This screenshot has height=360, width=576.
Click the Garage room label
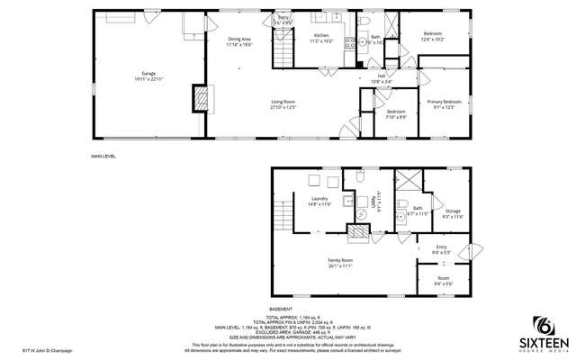(147, 76)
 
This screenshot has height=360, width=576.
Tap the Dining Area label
(239, 41)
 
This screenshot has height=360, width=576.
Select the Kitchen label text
(321, 39)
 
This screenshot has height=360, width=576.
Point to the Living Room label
(283, 104)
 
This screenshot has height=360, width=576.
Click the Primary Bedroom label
(445, 104)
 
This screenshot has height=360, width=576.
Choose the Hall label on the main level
(382, 79)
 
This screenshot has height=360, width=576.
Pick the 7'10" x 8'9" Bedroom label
(396, 114)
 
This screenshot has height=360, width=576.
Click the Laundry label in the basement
(319, 202)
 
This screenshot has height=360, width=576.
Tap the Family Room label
(339, 263)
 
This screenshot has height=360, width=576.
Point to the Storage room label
(453, 213)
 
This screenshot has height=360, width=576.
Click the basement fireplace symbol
(358, 233)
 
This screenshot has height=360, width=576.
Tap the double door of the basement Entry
(469, 251)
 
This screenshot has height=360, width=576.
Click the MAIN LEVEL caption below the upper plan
(103, 156)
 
